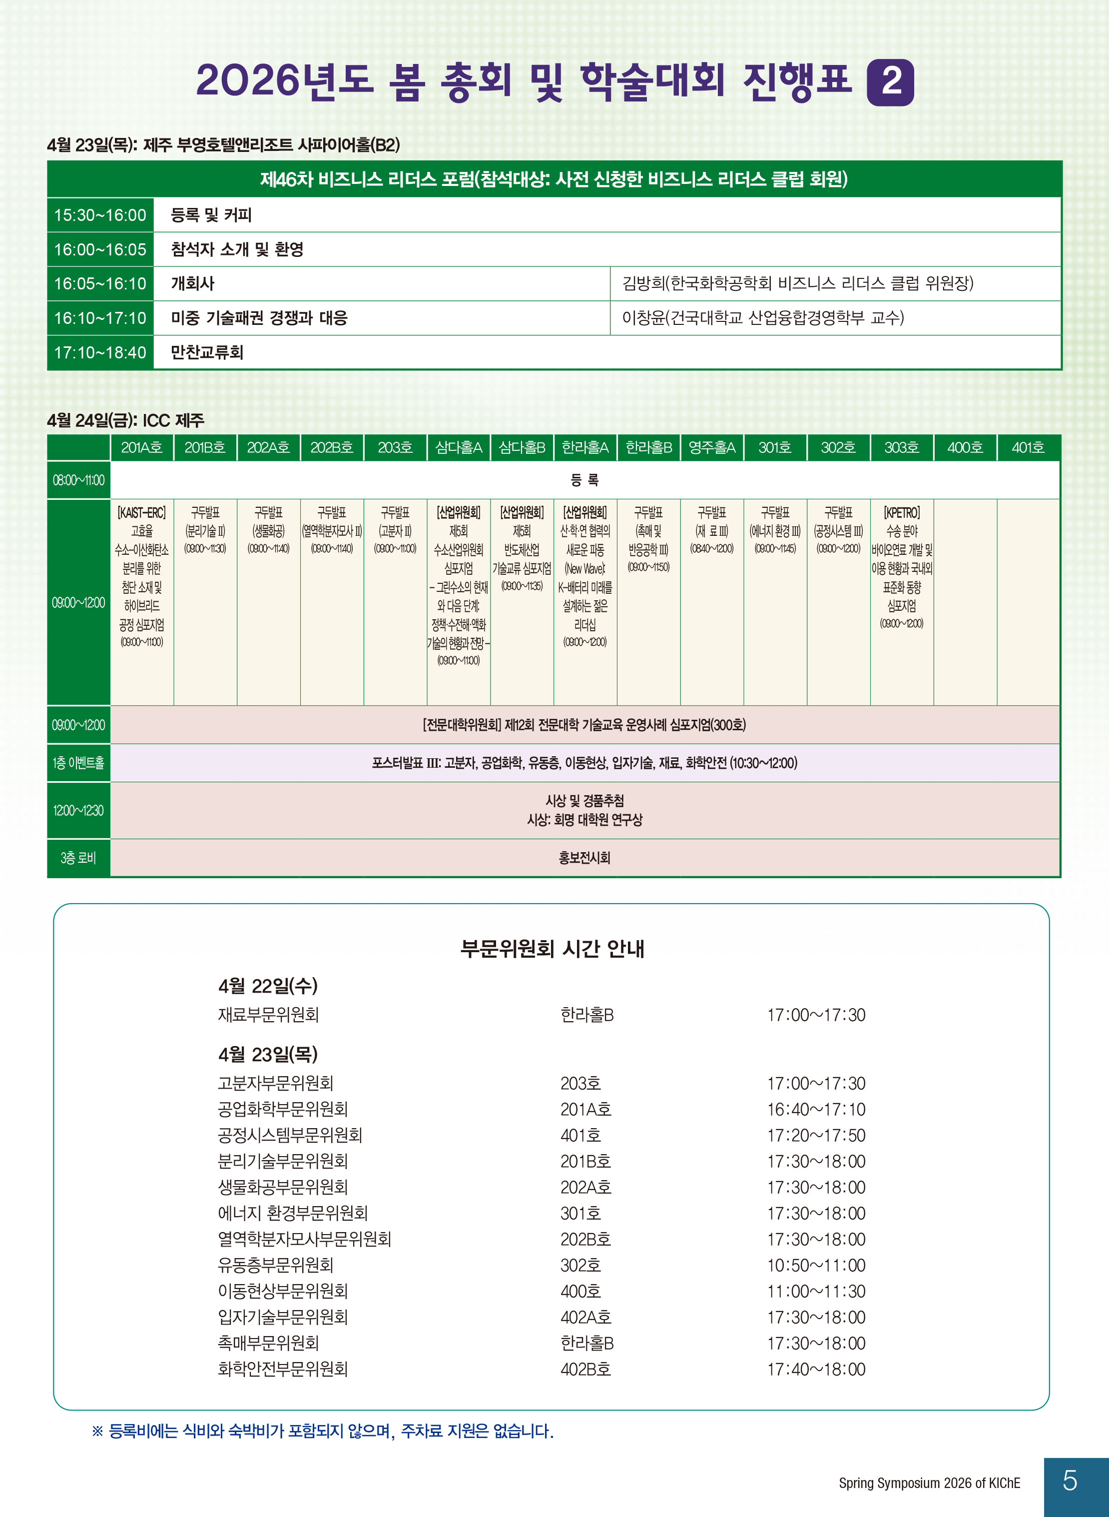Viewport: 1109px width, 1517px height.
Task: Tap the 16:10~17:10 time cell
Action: (100, 317)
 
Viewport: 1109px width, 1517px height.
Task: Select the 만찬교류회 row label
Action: (207, 352)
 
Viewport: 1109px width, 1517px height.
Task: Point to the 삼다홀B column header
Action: (522, 447)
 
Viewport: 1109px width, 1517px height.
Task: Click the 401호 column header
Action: (1028, 447)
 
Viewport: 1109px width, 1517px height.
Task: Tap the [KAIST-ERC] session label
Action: (142, 513)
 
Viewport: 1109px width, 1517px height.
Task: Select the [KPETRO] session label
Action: (902, 513)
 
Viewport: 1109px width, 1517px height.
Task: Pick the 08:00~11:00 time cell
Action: (78, 480)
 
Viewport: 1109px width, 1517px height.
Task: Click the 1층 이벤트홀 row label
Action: (78, 763)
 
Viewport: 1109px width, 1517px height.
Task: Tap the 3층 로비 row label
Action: (78, 858)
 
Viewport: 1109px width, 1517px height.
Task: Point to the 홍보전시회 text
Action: (584, 858)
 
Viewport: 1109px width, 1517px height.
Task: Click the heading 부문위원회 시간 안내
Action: (552, 948)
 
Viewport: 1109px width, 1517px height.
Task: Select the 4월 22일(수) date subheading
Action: (268, 986)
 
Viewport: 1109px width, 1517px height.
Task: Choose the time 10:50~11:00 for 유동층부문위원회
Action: (816, 1265)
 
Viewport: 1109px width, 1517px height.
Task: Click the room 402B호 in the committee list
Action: (585, 1369)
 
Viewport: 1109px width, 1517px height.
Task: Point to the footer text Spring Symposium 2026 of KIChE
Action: (929, 1483)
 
